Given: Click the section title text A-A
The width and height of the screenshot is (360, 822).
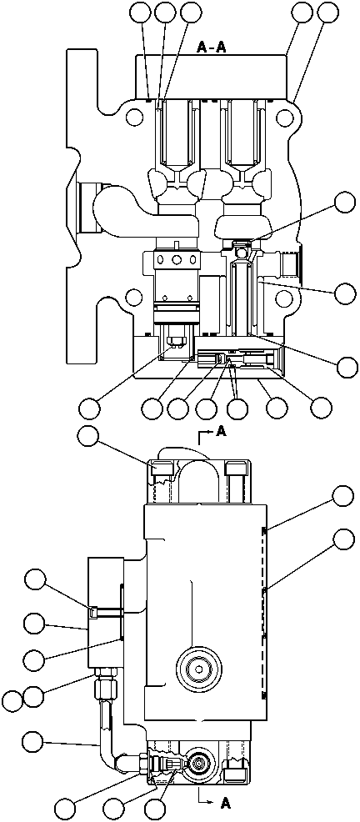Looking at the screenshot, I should (x=212, y=48).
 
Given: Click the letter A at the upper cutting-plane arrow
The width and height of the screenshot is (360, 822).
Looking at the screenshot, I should (x=221, y=431).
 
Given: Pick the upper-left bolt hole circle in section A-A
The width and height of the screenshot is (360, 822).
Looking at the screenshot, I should (x=133, y=116).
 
